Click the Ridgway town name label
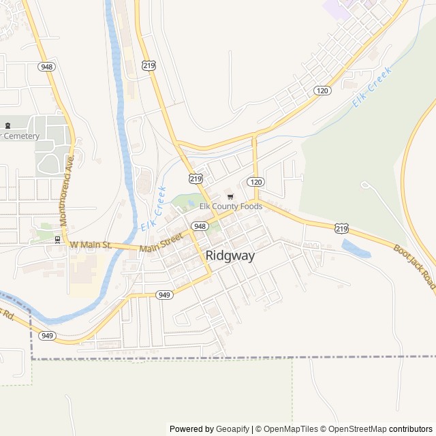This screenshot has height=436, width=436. tap(230, 256)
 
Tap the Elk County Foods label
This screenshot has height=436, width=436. tap(230, 206)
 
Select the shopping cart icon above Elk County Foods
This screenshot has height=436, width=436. tap(230, 197)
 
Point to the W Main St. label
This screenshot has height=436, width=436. tap(90, 244)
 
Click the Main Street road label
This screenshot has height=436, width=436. tap(161, 243)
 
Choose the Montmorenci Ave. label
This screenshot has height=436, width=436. tap(67, 191)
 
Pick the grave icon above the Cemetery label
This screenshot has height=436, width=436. tap(8, 125)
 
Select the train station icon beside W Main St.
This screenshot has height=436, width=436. tap(57, 240)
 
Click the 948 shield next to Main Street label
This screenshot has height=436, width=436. tap(199, 226)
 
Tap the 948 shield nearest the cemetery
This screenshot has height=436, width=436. tap(47, 67)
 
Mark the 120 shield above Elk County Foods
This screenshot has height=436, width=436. tap(255, 182)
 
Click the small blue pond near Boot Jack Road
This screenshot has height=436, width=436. tap(356, 249)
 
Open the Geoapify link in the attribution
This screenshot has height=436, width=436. tap(232, 429)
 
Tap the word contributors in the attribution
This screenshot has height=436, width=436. tap(411, 429)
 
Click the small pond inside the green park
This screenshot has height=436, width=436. tap(191, 204)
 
